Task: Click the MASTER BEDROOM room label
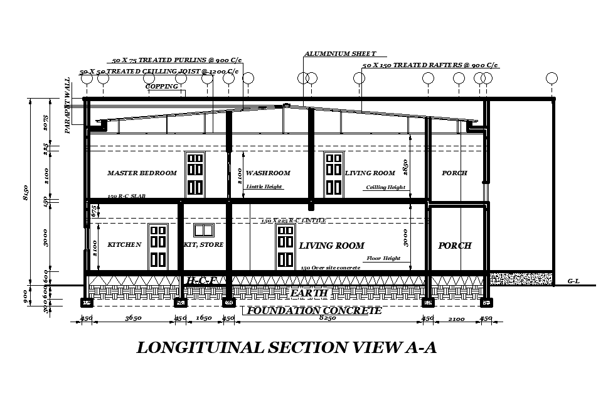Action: [x=142, y=173]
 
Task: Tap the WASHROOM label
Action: [x=268, y=173]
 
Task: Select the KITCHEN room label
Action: [x=124, y=245]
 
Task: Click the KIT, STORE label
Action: [x=204, y=245]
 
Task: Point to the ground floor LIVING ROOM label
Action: [x=331, y=246]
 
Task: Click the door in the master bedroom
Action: [x=195, y=174]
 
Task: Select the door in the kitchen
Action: [x=157, y=246]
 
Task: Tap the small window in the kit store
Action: [x=204, y=230]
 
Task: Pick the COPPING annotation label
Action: [x=162, y=87]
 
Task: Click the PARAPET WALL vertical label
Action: [x=68, y=106]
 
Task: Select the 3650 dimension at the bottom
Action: [x=133, y=318]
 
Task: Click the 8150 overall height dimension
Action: [x=26, y=193]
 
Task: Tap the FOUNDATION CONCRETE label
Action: [x=314, y=311]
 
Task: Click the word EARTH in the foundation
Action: [x=309, y=293]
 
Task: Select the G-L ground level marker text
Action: [x=573, y=282]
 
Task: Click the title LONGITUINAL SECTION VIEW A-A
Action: [x=286, y=348]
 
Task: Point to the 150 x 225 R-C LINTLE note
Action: [x=293, y=221]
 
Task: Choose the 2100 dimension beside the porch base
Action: [x=456, y=318]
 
